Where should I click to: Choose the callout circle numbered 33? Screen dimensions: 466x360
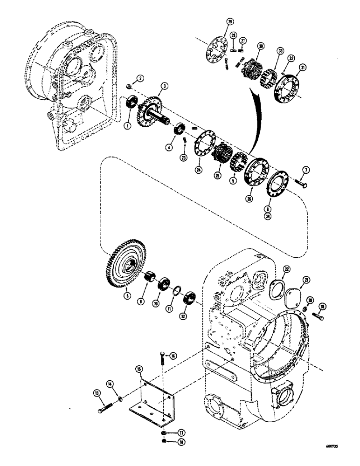point(281,49)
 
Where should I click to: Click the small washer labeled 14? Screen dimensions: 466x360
point(121,398)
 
